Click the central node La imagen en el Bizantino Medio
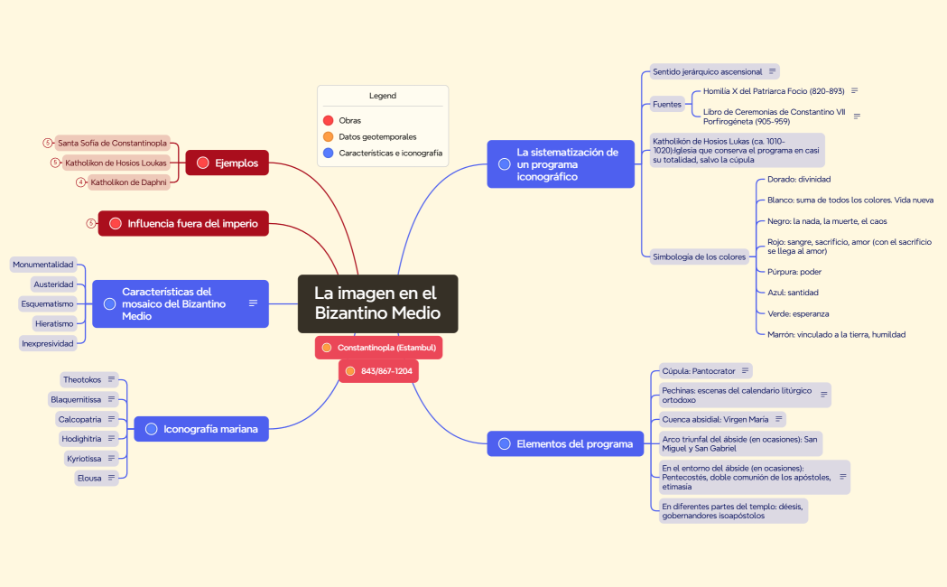click(x=377, y=303)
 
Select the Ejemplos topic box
click(x=227, y=163)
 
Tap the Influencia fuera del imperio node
click(x=183, y=223)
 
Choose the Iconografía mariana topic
click(x=201, y=429)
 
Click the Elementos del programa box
click(x=565, y=444)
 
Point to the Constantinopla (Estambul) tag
click(x=378, y=348)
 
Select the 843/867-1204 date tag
click(x=378, y=371)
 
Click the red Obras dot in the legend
click(x=328, y=120)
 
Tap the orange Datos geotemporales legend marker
click(x=328, y=136)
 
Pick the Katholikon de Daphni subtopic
click(x=128, y=182)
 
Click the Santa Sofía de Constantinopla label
click(x=112, y=143)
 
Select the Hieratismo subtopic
click(x=54, y=323)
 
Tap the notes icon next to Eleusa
click(x=111, y=478)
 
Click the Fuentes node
click(x=667, y=105)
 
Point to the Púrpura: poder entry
click(x=794, y=272)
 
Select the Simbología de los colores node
click(x=699, y=256)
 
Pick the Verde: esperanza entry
click(x=798, y=313)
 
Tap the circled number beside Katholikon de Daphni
click(x=81, y=182)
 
